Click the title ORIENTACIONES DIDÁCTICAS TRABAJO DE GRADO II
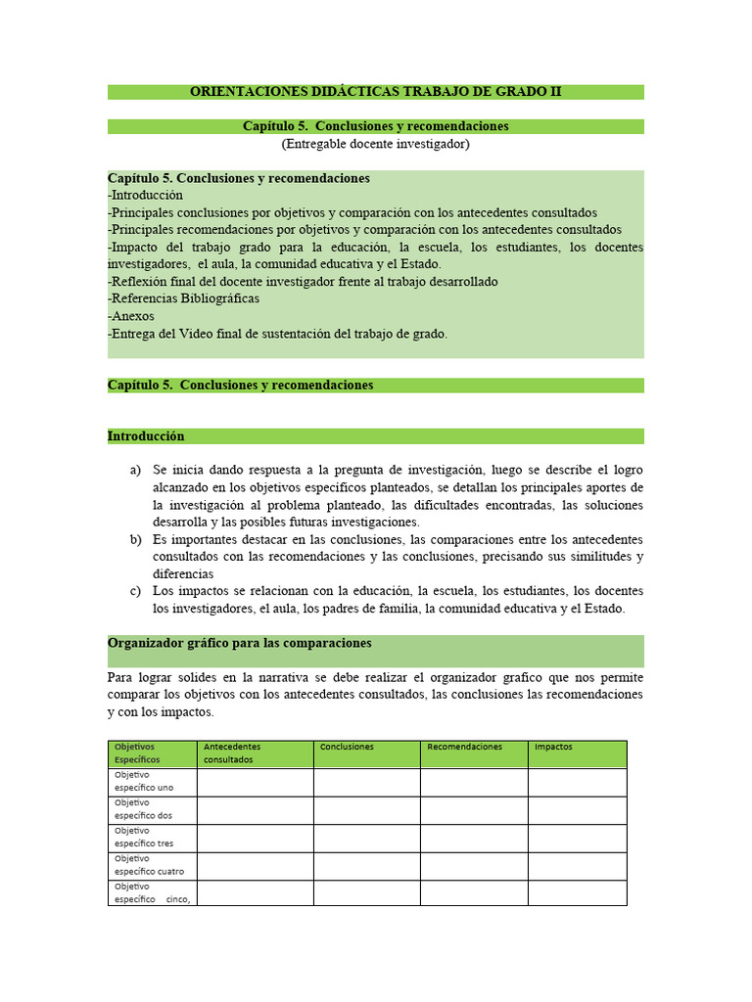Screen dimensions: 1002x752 (x=375, y=92)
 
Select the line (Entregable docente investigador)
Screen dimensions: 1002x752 (x=375, y=144)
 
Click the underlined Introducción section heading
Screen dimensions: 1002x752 (x=146, y=436)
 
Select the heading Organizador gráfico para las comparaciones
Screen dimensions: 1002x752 (x=239, y=643)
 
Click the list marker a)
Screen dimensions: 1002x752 (x=135, y=471)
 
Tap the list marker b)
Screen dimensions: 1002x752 (x=135, y=540)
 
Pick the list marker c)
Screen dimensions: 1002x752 (x=135, y=591)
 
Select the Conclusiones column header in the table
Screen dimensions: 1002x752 (x=347, y=747)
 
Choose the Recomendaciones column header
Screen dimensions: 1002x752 (x=464, y=747)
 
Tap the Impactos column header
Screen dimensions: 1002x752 (x=553, y=747)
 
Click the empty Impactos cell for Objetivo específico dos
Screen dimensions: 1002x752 (x=577, y=809)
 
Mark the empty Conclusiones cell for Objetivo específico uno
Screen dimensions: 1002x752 (x=366, y=781)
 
